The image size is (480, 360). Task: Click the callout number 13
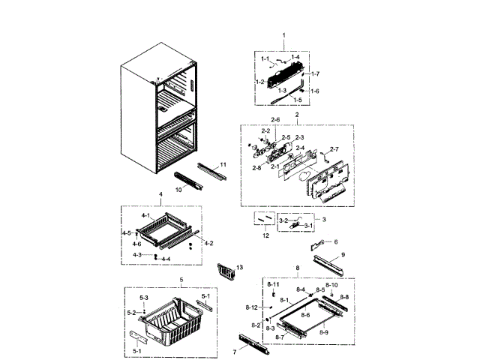click(x=240, y=267)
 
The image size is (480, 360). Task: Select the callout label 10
click(x=178, y=190)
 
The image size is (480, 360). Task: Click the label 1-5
click(x=298, y=100)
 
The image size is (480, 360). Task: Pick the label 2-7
click(x=334, y=148)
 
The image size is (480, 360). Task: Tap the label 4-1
click(x=145, y=216)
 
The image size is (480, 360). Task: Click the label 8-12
click(x=251, y=308)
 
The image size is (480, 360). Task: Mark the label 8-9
click(x=324, y=331)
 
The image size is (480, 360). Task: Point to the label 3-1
click(x=308, y=225)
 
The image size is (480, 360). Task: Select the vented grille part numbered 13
click(x=225, y=271)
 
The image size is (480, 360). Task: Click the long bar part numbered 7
click(x=253, y=343)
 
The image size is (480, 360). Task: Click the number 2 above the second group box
click(x=297, y=114)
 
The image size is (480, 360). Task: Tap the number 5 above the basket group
click(x=180, y=280)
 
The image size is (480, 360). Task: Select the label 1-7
click(x=316, y=73)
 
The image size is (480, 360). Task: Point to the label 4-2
click(x=209, y=243)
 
